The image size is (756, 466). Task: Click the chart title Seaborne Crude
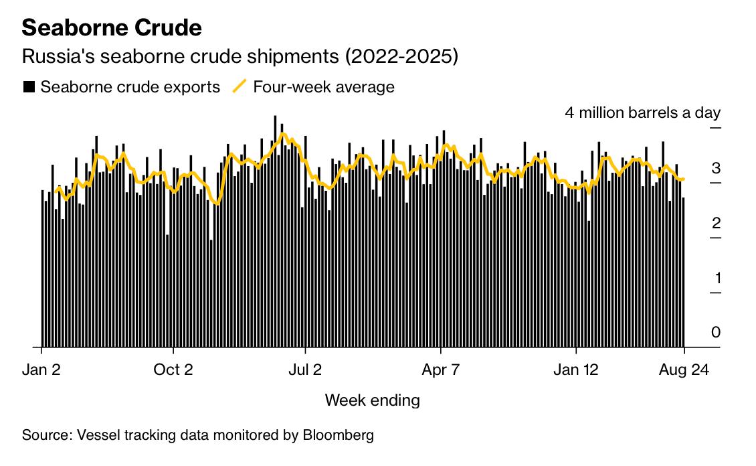click(112, 27)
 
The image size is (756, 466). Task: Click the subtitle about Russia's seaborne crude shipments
click(240, 57)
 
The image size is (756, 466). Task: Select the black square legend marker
click(29, 87)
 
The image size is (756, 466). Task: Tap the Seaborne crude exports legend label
click(130, 87)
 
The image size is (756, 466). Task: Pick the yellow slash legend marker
click(239, 86)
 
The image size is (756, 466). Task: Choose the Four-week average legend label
click(324, 87)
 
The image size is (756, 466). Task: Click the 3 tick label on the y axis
click(716, 168)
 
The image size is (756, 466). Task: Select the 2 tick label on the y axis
click(716, 223)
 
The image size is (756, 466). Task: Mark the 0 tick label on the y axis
click(716, 333)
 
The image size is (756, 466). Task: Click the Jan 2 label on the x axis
click(41, 369)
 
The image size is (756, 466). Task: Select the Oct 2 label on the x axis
click(173, 369)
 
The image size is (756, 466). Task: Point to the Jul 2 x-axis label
click(305, 369)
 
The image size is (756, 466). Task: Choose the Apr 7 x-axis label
click(441, 369)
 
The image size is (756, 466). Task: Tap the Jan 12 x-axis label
click(576, 369)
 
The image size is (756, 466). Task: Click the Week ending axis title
click(373, 400)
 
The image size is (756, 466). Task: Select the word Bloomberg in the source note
click(339, 435)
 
